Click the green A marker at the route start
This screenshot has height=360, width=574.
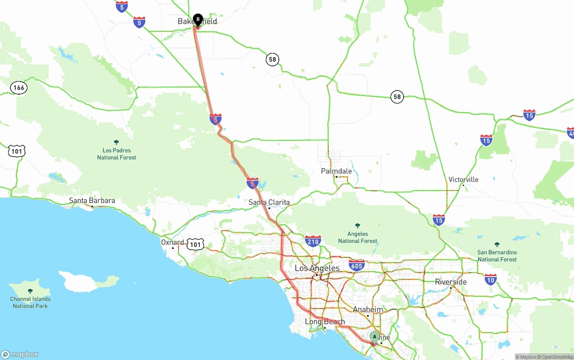(x=374, y=337)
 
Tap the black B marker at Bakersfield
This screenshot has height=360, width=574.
(x=198, y=19)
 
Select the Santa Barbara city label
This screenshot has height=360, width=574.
(x=92, y=201)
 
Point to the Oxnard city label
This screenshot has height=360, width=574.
(x=173, y=243)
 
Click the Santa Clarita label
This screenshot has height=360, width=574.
(x=269, y=202)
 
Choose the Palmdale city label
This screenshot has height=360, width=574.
(x=336, y=171)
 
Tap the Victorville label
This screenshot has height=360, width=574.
(x=463, y=180)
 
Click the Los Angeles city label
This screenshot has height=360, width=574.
(x=317, y=268)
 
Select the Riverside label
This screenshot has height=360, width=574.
(x=451, y=282)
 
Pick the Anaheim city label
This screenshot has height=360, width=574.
(x=368, y=310)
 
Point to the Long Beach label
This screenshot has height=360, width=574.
(x=325, y=321)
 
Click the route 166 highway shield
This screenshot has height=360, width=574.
(x=18, y=87)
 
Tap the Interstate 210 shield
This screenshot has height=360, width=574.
(x=313, y=241)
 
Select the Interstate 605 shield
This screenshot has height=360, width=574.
(x=357, y=265)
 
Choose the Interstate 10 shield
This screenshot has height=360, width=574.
(x=491, y=280)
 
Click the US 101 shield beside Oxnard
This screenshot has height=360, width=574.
(x=195, y=244)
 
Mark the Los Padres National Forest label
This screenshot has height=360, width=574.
(x=117, y=154)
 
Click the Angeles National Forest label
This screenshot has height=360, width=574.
(x=357, y=237)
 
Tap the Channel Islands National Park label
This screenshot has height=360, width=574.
(x=30, y=302)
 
